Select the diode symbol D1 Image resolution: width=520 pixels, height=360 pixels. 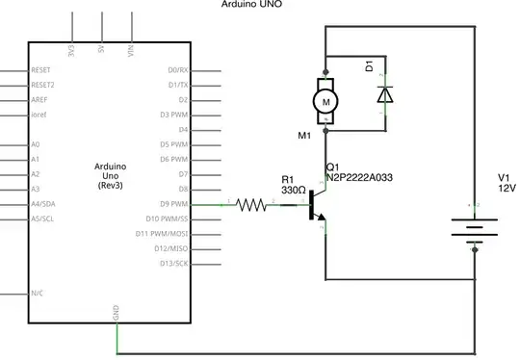coord(385,94)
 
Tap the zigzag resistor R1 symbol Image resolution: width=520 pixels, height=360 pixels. coord(252,204)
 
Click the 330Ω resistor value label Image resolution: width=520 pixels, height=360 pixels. coord(293,191)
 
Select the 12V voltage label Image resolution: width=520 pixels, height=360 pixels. coord(507,190)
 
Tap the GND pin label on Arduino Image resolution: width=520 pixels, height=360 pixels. coord(117,312)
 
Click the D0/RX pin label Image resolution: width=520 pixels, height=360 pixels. coord(178,70)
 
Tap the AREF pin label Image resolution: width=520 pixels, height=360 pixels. coord(39,99)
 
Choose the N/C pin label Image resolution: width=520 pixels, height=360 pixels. coord(38,293)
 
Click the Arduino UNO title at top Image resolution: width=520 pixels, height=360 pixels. coord(258,5)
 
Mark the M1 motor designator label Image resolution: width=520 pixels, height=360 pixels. coord(304,136)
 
